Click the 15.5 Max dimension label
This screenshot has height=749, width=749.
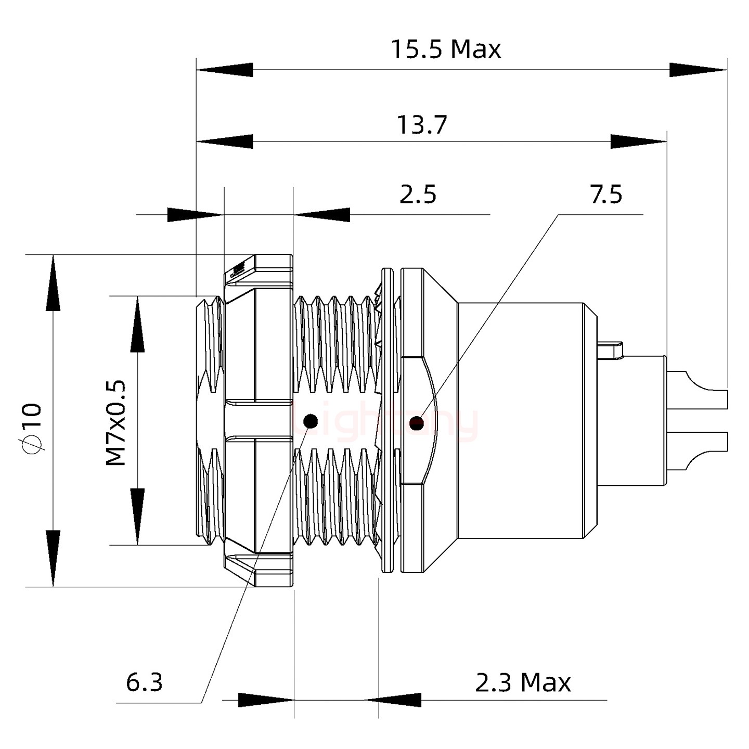point(446,49)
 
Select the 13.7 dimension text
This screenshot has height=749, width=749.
point(422,125)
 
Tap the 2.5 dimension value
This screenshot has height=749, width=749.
point(418,195)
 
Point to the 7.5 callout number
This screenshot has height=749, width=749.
point(606,195)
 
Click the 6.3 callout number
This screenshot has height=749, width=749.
point(144,682)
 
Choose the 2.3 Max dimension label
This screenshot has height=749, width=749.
point(523,682)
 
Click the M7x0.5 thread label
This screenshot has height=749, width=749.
point(116,422)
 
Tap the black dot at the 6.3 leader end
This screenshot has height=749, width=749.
point(311,421)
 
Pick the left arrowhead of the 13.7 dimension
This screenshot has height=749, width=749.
point(225,141)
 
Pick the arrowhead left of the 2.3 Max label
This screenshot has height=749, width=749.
point(393,700)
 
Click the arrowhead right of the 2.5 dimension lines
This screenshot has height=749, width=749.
point(321,214)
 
